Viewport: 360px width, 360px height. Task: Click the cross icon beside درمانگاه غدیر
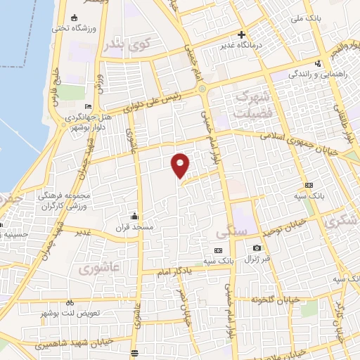point(242,34)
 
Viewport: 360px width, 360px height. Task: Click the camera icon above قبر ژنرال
point(257,247)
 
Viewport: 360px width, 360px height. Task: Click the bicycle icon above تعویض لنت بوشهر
point(70,302)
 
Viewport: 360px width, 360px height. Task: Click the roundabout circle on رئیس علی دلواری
point(202,89)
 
